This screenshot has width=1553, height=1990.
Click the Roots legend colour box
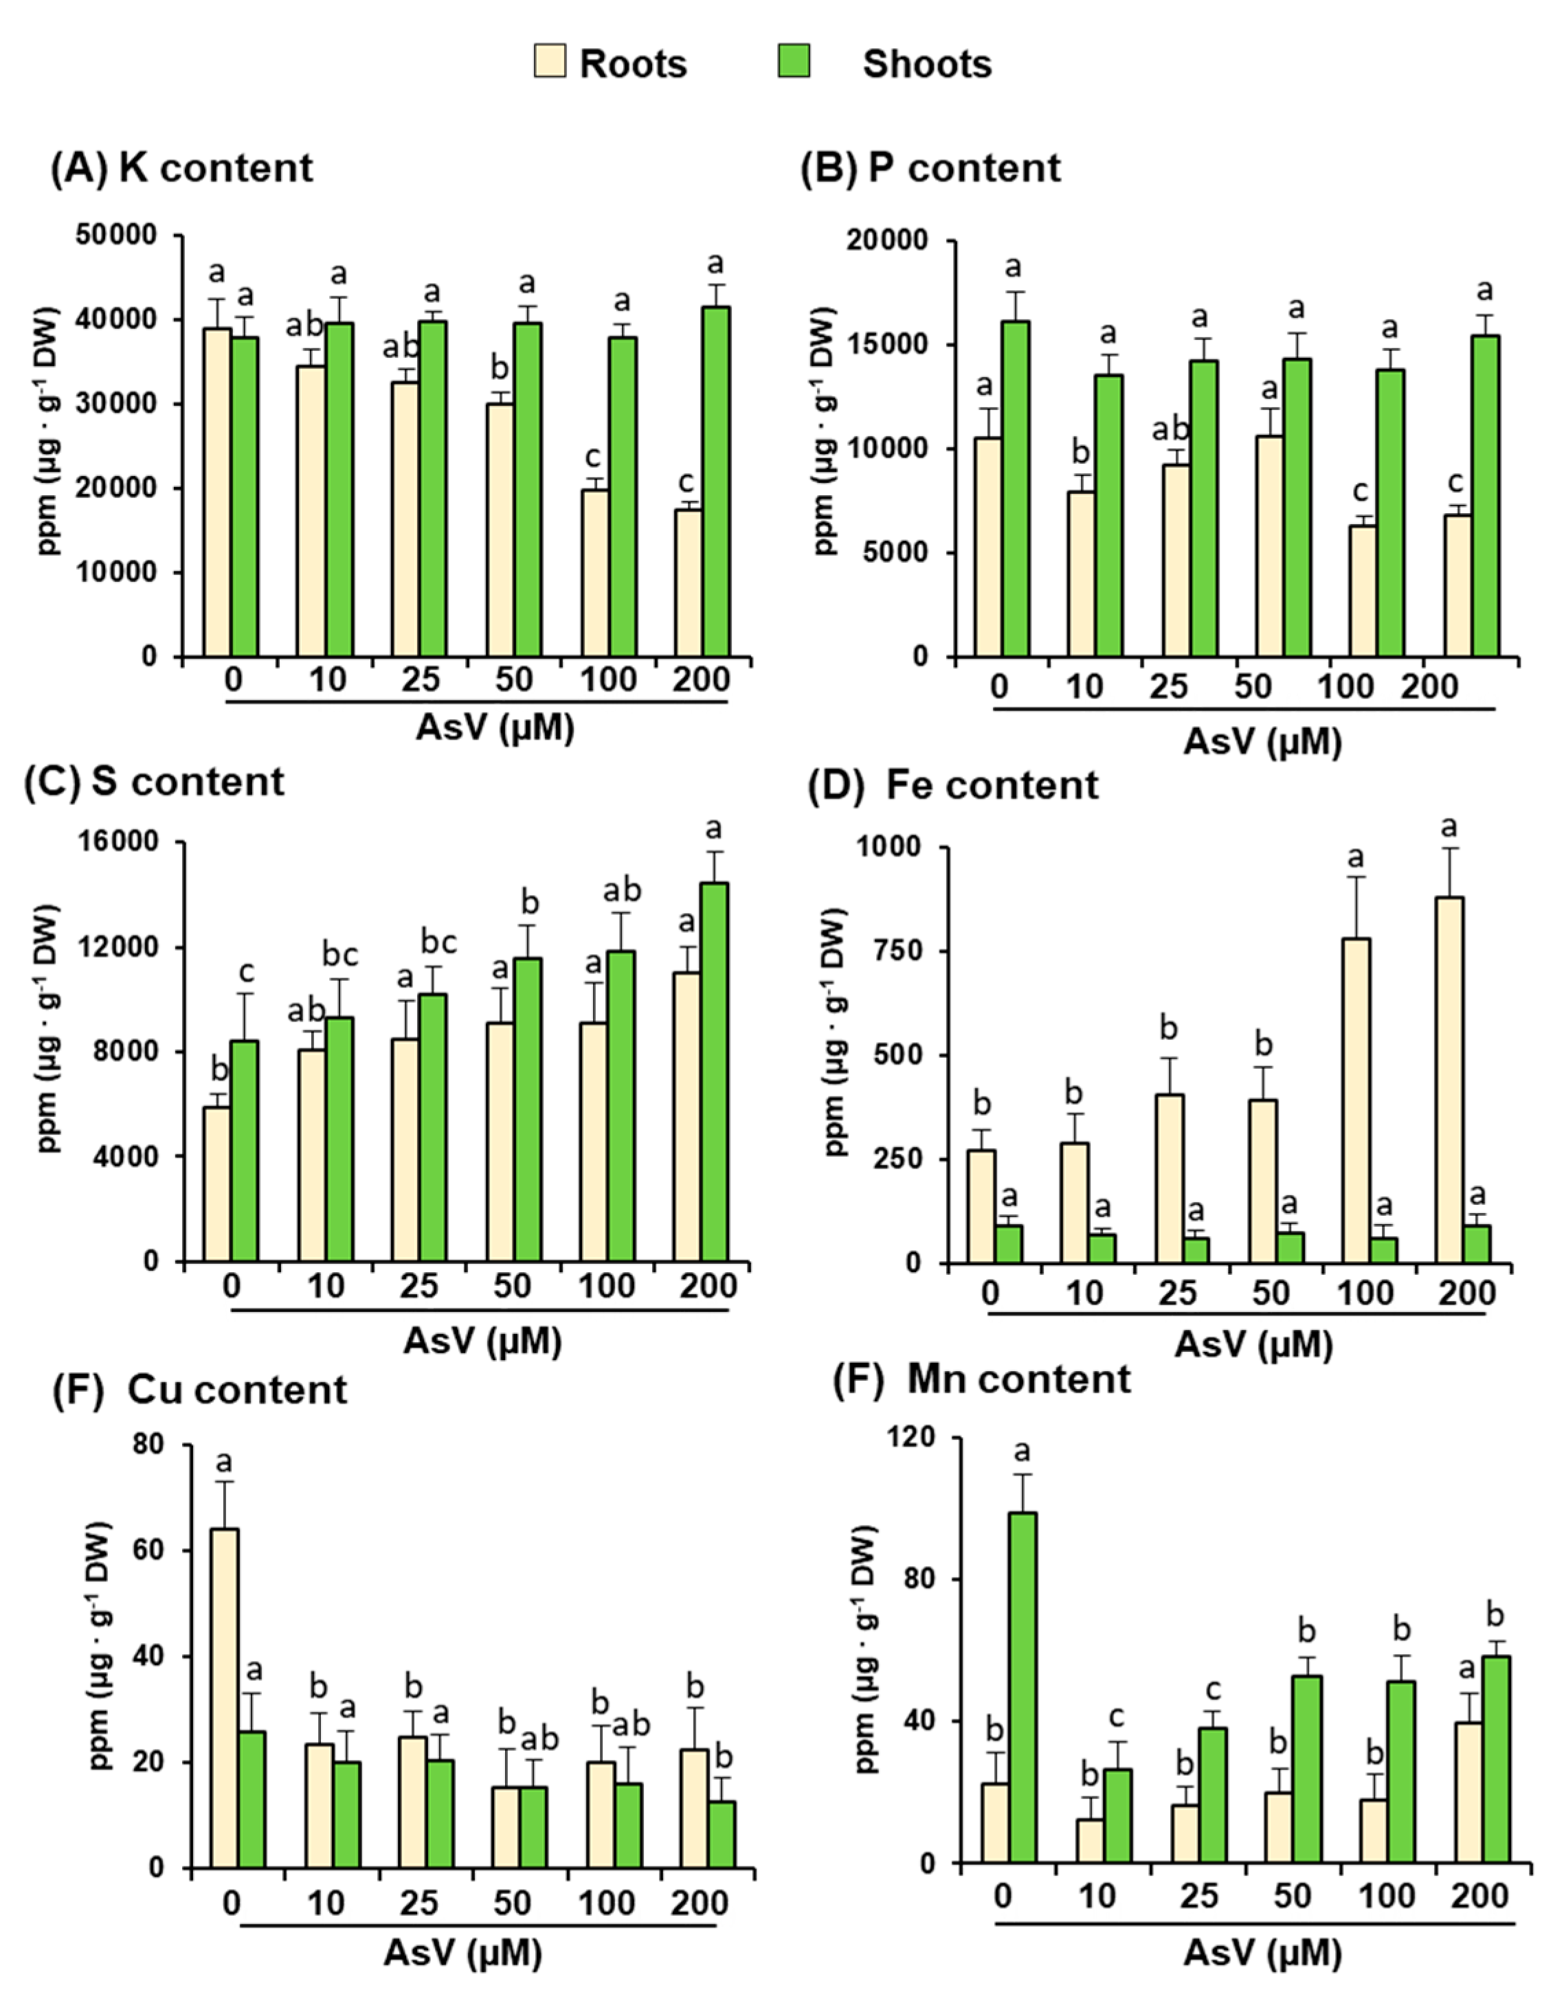[x=550, y=62]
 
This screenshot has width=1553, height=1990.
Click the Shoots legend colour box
[x=794, y=62]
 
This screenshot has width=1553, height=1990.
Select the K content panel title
[x=181, y=168]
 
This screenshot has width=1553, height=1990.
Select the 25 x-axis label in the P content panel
[x=1168, y=686]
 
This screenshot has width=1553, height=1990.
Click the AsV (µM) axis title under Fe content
[x=1253, y=1344]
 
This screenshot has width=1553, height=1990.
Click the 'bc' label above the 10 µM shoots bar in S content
[x=340, y=955]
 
